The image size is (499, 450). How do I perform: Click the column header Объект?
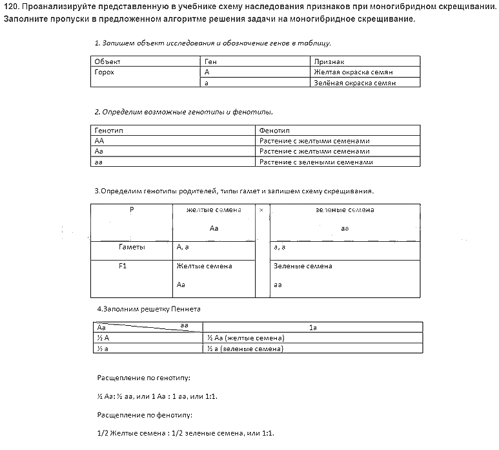point(108,61)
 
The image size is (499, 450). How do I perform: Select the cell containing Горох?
point(105,72)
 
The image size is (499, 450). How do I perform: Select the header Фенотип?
point(274,131)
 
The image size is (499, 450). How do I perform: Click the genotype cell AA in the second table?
point(99,141)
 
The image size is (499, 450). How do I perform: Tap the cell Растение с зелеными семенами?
point(316,162)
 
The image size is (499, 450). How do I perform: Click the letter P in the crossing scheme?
point(132,209)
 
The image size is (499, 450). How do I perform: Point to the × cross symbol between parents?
point(261,210)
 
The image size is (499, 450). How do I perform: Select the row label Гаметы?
point(132,247)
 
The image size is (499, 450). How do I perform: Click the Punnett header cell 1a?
point(312,328)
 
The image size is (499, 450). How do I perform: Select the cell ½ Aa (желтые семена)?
point(246,338)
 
